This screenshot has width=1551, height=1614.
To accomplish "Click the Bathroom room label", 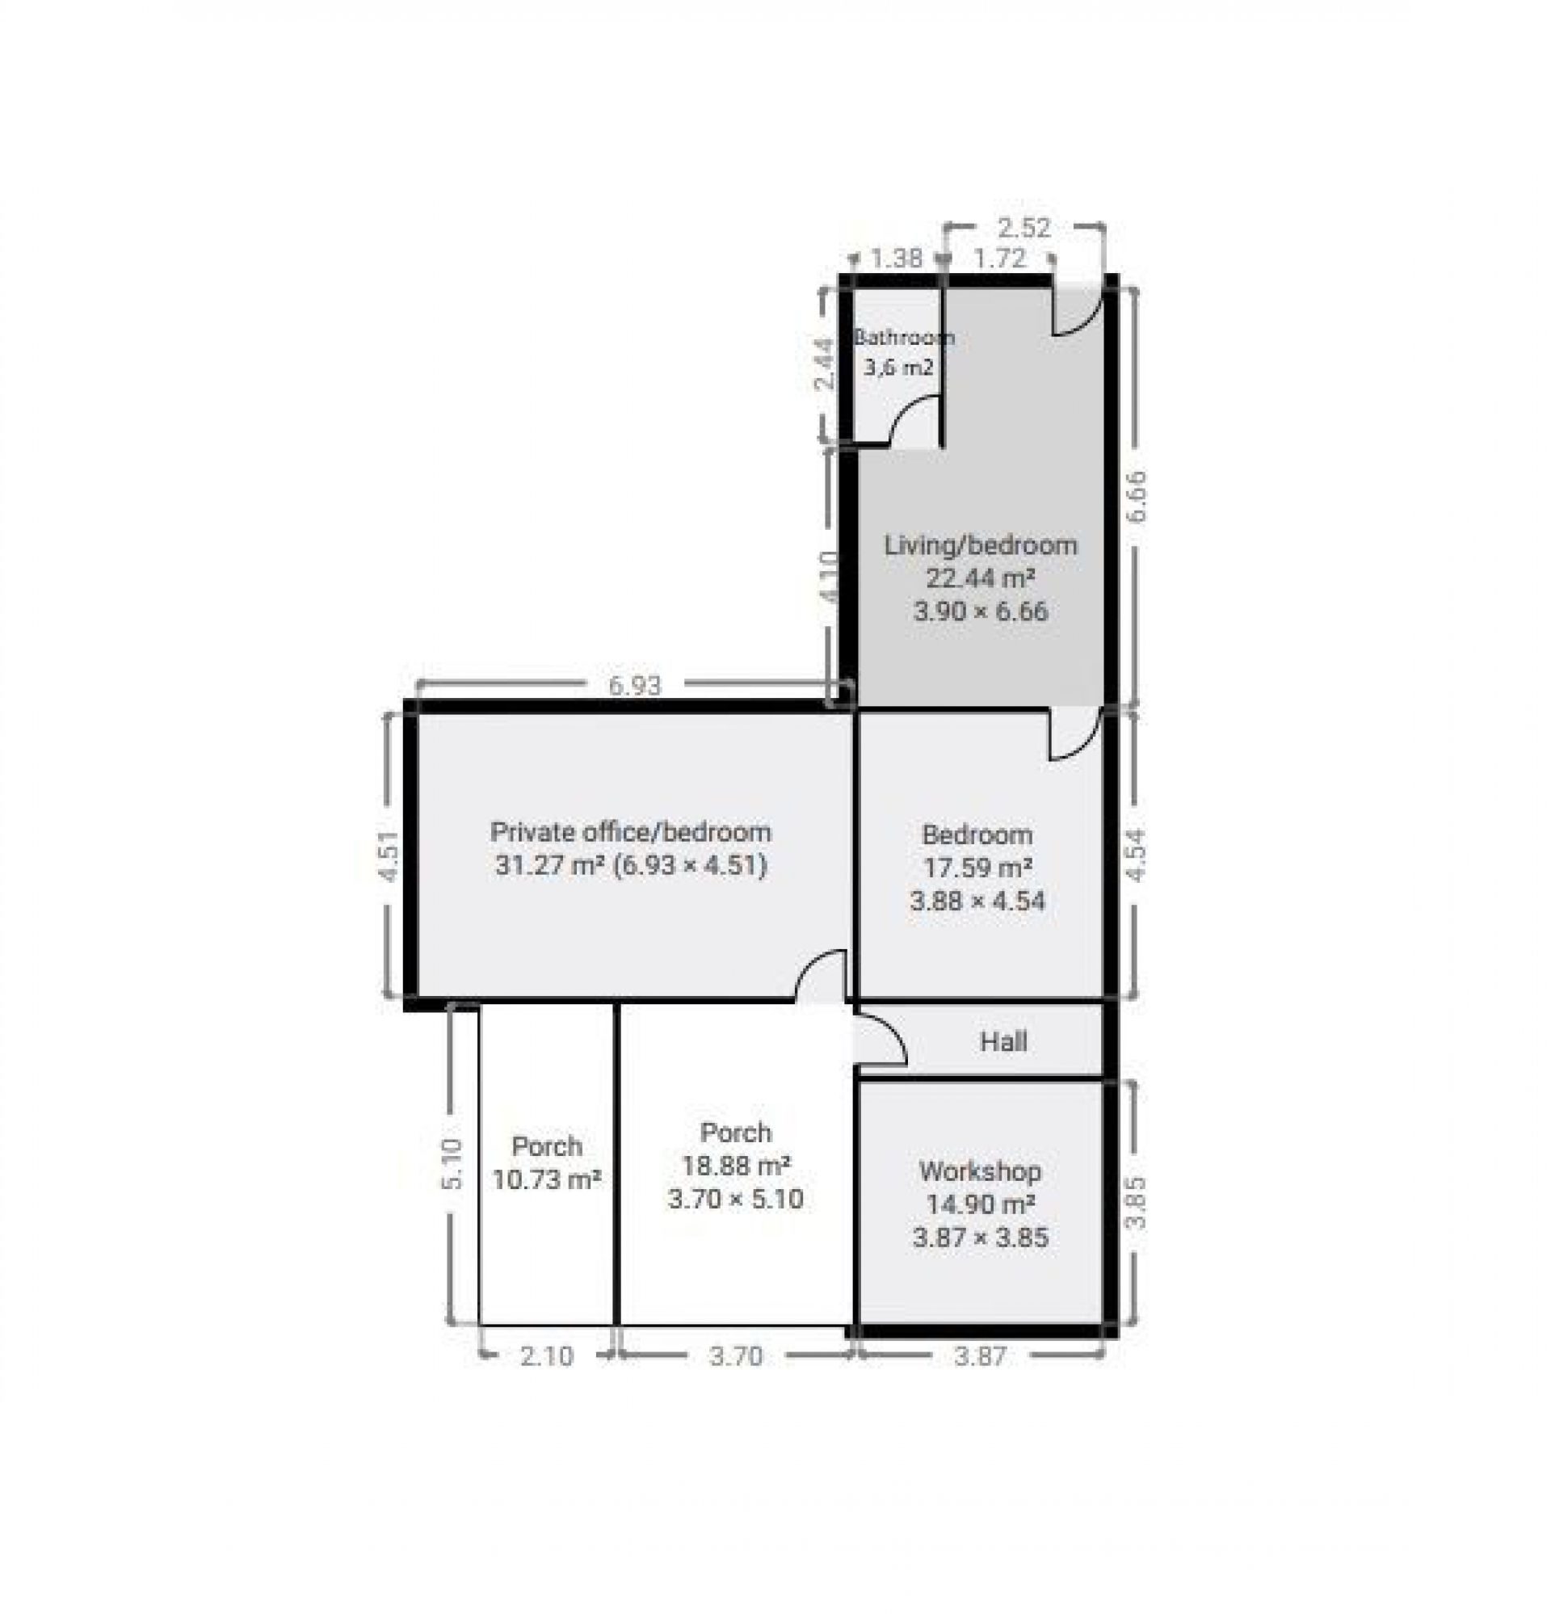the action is (904, 337).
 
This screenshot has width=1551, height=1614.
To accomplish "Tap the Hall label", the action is (1003, 1043).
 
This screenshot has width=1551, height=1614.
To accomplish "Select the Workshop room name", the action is (980, 1171).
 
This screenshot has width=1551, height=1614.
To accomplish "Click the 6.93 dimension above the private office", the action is (633, 685).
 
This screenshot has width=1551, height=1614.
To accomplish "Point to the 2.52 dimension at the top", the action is (1023, 227).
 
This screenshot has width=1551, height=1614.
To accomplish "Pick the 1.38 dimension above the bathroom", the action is (897, 259).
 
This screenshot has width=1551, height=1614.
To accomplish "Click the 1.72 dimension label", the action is (1000, 259).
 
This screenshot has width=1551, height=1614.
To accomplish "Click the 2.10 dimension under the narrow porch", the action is (547, 1356).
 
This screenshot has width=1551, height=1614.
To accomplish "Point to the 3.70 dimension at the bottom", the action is (736, 1356).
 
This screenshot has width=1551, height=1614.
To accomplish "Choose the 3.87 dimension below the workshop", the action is (980, 1356).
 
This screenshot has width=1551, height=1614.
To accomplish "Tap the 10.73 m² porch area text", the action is (547, 1179).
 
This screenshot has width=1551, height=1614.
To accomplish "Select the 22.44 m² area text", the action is (980, 578).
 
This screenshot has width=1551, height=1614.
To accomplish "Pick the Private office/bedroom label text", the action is (631, 832).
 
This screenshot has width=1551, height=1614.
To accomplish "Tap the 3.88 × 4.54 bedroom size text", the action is (977, 901).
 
